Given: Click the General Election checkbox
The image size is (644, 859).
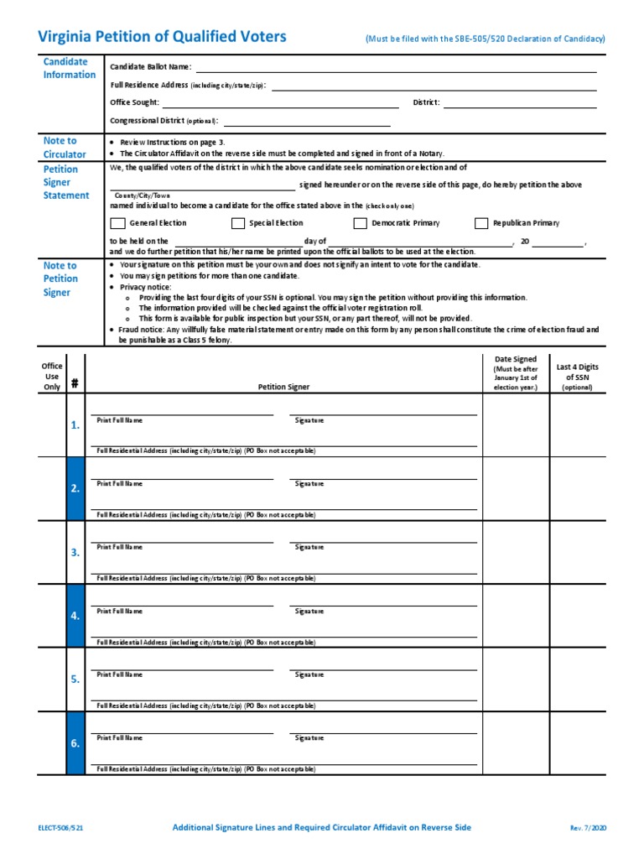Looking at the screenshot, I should click(117, 223).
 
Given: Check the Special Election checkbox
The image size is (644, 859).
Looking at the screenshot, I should click(237, 223).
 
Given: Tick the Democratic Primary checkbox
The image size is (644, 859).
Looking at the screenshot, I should click(360, 223).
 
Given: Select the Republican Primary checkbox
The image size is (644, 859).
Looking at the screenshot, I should click(481, 223).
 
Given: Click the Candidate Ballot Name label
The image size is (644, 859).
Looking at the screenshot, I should click(151, 66).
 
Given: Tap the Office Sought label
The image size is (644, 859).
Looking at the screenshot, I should click(134, 102).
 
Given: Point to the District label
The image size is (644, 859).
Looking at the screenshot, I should click(426, 102).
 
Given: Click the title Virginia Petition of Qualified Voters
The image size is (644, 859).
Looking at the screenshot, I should click(163, 36).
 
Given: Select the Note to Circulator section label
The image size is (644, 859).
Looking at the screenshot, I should click(65, 148).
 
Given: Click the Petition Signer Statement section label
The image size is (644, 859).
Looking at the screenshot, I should click(66, 182).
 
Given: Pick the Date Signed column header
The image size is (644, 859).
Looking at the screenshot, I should click(515, 373).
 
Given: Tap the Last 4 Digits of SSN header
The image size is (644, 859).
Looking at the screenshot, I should click(577, 377).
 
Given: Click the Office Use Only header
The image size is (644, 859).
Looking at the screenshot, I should click(52, 377).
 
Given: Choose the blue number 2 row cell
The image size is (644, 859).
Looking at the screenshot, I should click(75, 489).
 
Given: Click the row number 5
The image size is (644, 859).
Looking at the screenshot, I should click(75, 679).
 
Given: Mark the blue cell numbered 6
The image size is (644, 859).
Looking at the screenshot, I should click(75, 743).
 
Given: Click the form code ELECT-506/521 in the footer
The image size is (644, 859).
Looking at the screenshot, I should click(60, 827).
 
